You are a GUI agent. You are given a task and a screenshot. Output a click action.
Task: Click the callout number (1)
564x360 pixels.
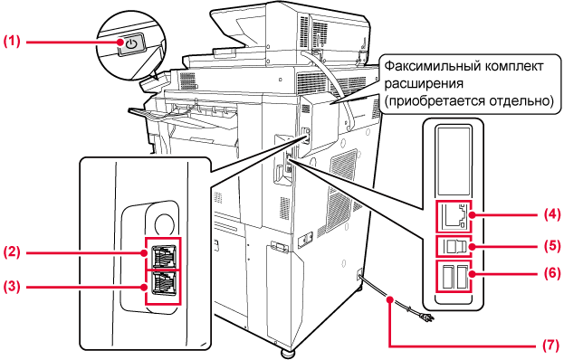[x=12, y=42]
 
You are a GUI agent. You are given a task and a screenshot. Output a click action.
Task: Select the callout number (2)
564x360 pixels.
[x=12, y=251]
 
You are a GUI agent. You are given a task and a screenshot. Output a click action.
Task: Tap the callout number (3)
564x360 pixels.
[x=12, y=287]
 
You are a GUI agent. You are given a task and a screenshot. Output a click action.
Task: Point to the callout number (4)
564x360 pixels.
[x=551, y=215]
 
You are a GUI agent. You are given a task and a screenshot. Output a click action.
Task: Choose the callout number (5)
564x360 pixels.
[x=551, y=246]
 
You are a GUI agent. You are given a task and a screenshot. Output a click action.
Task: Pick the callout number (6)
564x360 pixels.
[x=551, y=273]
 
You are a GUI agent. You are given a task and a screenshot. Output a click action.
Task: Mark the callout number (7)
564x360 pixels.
[x=551, y=346]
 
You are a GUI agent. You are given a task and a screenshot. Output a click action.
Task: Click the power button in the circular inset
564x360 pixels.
[x=131, y=45]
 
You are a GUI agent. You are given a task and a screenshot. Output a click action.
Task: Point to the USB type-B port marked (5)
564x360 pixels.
[x=454, y=246]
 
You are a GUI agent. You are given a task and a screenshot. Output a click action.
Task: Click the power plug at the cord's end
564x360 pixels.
[x=429, y=317]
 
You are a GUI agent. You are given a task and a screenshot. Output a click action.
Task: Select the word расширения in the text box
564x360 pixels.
[x=424, y=84]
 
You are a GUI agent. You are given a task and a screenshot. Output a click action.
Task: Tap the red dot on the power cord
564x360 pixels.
[x=389, y=298]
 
